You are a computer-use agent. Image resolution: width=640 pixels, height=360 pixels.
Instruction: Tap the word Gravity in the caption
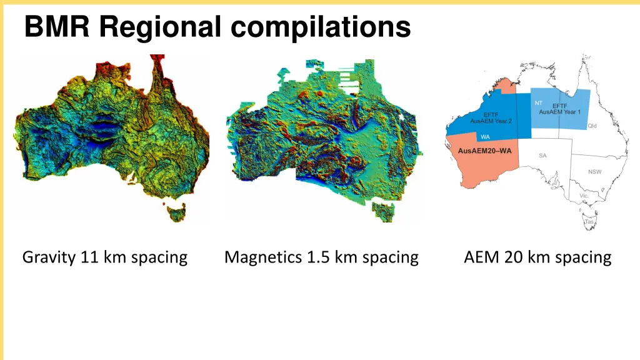tap(49, 257)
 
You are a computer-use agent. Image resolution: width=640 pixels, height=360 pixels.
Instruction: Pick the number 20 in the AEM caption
tap(516, 257)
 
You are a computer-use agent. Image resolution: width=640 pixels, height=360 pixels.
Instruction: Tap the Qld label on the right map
tap(592, 126)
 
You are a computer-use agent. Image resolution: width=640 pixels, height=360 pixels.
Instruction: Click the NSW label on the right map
tap(594, 172)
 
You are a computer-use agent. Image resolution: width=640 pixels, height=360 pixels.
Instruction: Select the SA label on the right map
tap(542, 156)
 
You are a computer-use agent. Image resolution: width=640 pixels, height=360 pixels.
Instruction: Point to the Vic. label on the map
tap(584, 196)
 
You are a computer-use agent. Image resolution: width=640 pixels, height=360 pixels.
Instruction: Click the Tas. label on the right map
tap(589, 222)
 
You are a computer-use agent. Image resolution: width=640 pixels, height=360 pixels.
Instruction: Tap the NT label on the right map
tap(538, 103)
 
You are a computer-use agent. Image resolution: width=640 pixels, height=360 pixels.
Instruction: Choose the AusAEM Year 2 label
tap(491, 121)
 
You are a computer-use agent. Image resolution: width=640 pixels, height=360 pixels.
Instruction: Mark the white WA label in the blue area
tap(485, 137)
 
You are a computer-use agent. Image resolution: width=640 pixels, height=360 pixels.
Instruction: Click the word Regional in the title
tap(160, 28)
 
